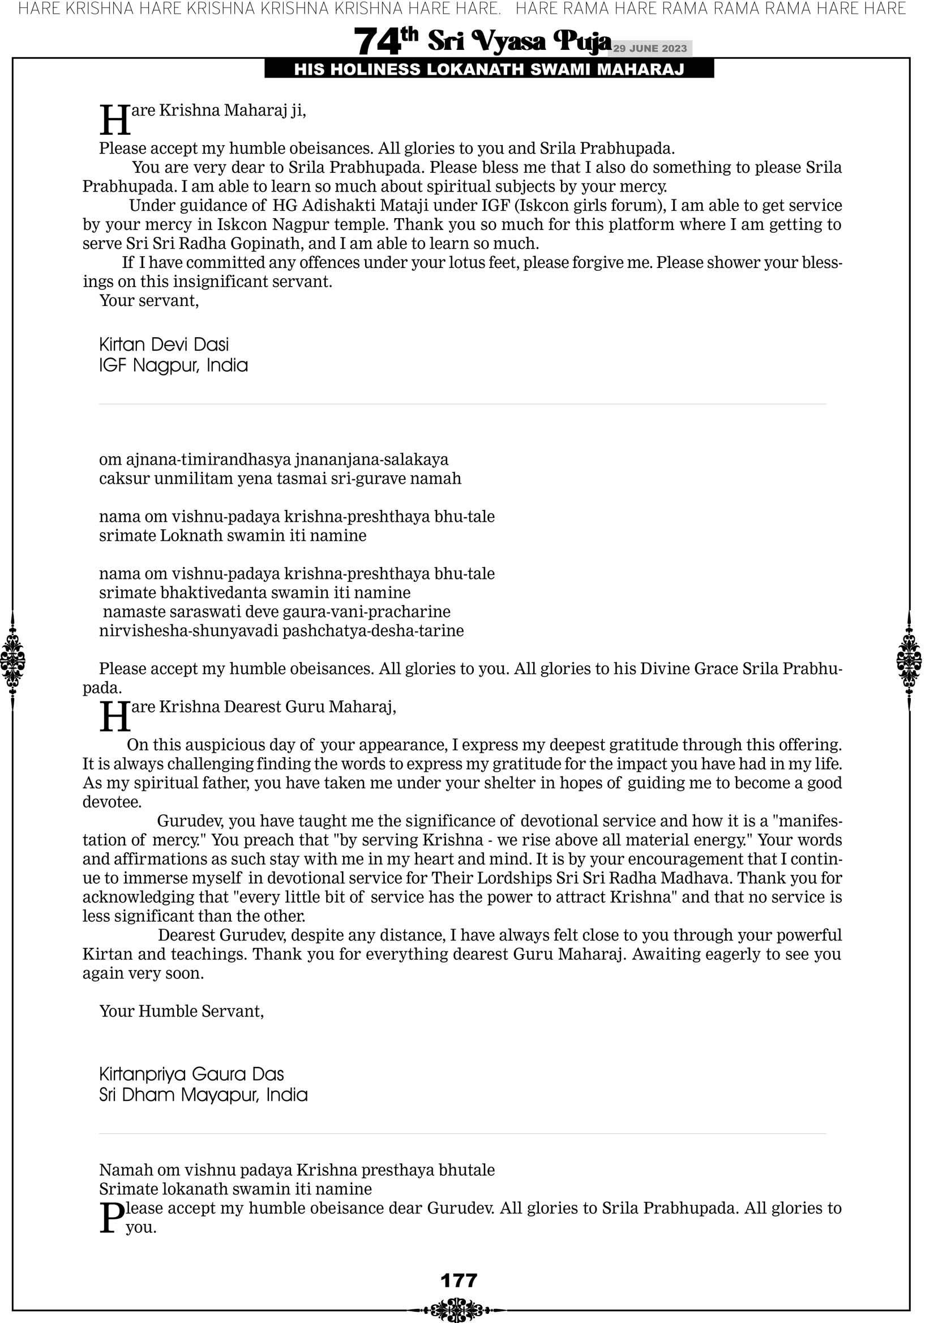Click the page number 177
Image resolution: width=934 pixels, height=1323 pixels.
pos(459,1280)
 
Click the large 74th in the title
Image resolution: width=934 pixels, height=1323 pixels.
pos(385,41)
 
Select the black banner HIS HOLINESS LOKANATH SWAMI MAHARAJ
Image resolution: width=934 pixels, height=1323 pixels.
pos(489,70)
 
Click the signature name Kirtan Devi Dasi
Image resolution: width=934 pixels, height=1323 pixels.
pos(164,344)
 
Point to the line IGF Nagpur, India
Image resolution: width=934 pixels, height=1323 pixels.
pos(173,365)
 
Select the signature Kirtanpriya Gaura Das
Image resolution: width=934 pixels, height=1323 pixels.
pos(192,1074)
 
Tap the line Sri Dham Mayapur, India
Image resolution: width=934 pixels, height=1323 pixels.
pos(203,1095)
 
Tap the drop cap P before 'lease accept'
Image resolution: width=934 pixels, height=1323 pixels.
pos(112,1218)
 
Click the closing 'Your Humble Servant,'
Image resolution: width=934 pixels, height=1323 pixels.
pos(181,1011)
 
